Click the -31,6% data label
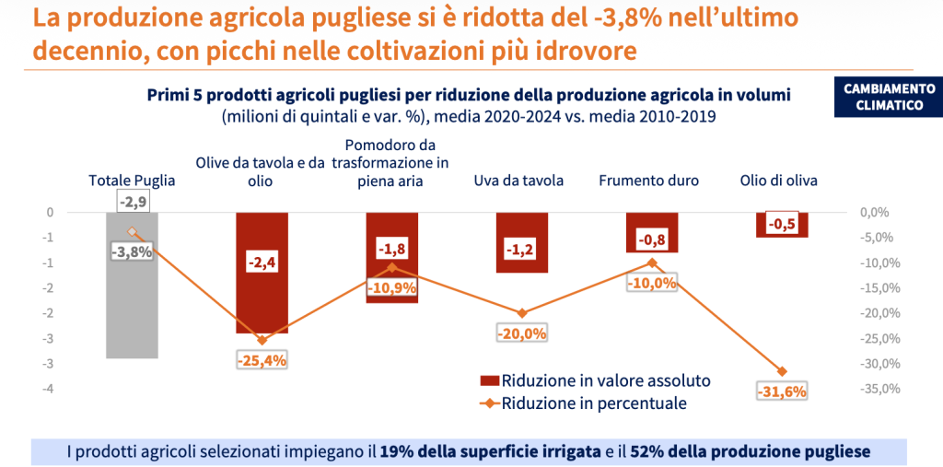[x=782, y=392]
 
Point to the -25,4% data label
[x=262, y=361]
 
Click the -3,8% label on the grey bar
[x=132, y=251]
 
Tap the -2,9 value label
[x=133, y=201]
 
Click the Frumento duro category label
[x=648, y=181]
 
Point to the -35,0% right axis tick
[x=879, y=389]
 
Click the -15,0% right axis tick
[x=879, y=287]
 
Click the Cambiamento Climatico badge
[x=889, y=97]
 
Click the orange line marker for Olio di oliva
[x=782, y=371]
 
